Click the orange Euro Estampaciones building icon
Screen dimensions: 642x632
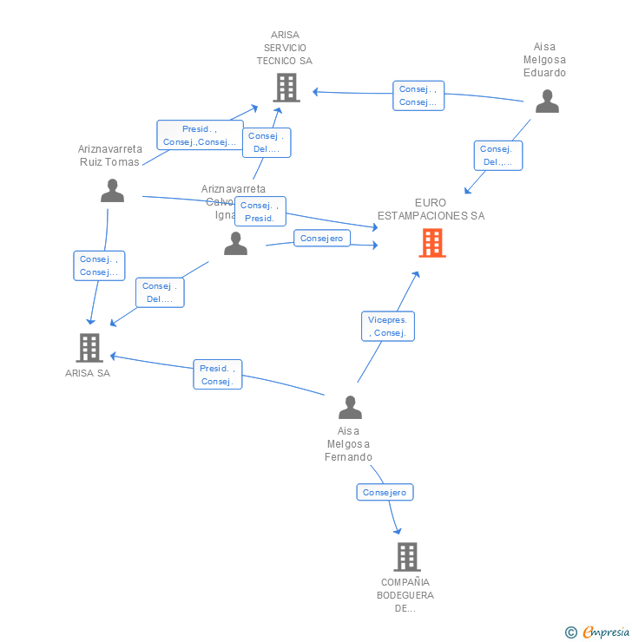click(x=431, y=243)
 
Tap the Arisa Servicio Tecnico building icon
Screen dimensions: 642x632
click(x=286, y=88)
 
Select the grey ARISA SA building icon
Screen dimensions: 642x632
click(x=89, y=347)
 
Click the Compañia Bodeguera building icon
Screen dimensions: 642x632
click(x=406, y=556)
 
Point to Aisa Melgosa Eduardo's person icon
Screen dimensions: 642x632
click(x=547, y=102)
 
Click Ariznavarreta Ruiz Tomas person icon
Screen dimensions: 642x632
click(x=112, y=190)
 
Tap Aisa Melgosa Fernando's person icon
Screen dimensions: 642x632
click(x=349, y=407)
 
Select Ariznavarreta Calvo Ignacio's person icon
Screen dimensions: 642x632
click(x=235, y=244)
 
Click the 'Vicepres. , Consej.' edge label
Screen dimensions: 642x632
click(x=388, y=326)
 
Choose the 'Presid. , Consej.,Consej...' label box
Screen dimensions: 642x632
click(x=199, y=135)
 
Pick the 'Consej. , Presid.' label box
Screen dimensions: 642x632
click(x=260, y=212)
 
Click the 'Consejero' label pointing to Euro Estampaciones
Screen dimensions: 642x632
click(x=321, y=238)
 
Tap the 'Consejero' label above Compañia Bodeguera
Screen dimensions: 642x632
click(x=385, y=492)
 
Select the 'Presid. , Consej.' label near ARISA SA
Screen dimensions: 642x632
click(x=217, y=375)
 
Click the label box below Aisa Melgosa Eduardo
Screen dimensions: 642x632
click(x=497, y=155)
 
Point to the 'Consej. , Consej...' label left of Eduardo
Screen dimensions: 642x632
click(x=418, y=95)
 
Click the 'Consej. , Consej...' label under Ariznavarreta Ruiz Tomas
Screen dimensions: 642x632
click(x=99, y=265)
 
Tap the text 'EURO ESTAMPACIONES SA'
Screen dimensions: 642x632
click(x=431, y=209)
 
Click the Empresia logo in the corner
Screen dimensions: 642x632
click(x=598, y=632)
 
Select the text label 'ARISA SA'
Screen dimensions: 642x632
click(x=88, y=374)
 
